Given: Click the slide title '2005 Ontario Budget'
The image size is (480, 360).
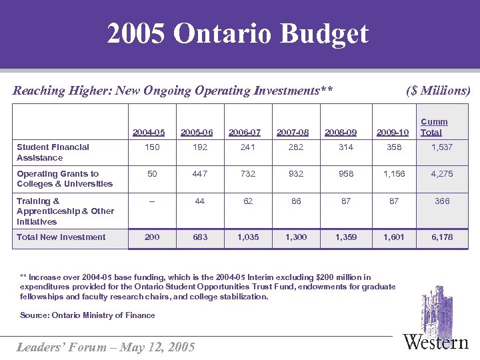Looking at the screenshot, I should coord(238,33).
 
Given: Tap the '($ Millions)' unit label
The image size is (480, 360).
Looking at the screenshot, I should coord(438,90).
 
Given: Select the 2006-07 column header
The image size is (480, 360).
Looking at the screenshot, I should coord(248,132).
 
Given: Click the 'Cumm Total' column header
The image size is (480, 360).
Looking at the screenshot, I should coord(434,127).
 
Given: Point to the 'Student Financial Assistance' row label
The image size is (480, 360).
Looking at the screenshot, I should coord(53,152).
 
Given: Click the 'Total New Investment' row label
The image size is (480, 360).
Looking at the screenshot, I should coord(61,237).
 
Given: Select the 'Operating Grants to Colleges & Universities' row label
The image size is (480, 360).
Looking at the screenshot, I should coord(65,179).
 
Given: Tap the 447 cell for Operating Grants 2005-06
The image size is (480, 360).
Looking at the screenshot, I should coord(200,174).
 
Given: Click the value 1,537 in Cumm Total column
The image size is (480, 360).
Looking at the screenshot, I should coord(442,147).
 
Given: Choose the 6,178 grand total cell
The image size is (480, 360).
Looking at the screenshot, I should coord(442,237).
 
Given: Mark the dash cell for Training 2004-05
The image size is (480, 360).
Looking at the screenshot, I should coord(152,201).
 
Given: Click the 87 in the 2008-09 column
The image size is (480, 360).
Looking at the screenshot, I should coord(346,201).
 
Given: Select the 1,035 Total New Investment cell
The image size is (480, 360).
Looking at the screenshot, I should coord(247,237).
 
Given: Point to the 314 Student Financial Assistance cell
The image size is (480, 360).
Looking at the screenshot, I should coord(346,147).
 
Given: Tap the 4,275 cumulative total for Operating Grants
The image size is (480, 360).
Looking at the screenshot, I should coord(442,174).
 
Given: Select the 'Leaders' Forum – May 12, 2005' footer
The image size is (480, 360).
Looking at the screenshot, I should coord(105,346).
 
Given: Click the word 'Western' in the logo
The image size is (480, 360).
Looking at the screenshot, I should coord(436,342).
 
